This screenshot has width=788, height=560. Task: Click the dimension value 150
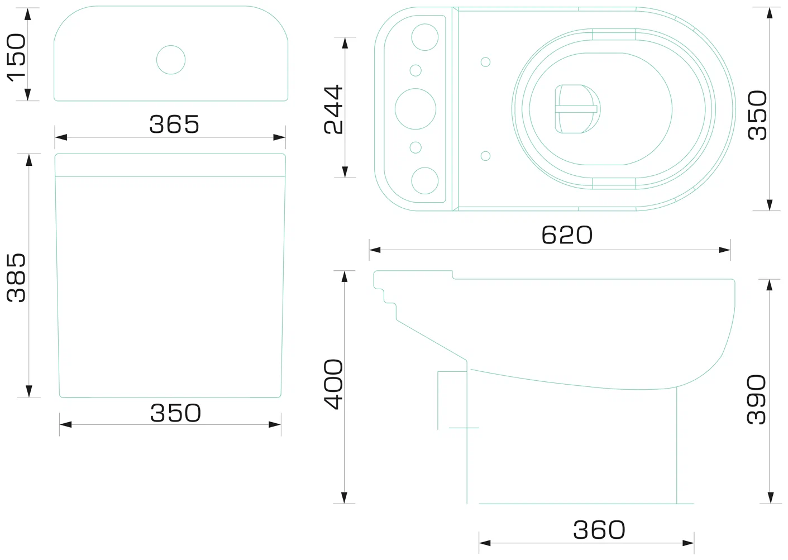(17, 58)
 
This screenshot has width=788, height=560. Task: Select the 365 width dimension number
(174, 124)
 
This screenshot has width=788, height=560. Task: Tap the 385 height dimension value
(17, 278)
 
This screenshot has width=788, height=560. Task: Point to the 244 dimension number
(333, 109)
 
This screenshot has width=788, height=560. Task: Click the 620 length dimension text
(567, 235)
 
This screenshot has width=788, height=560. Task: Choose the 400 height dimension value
(333, 385)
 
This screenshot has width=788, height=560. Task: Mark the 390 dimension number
(757, 400)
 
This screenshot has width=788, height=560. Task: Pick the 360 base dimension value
(599, 530)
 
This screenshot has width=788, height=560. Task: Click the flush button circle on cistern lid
(171, 60)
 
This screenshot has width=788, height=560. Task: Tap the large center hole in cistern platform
(416, 109)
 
